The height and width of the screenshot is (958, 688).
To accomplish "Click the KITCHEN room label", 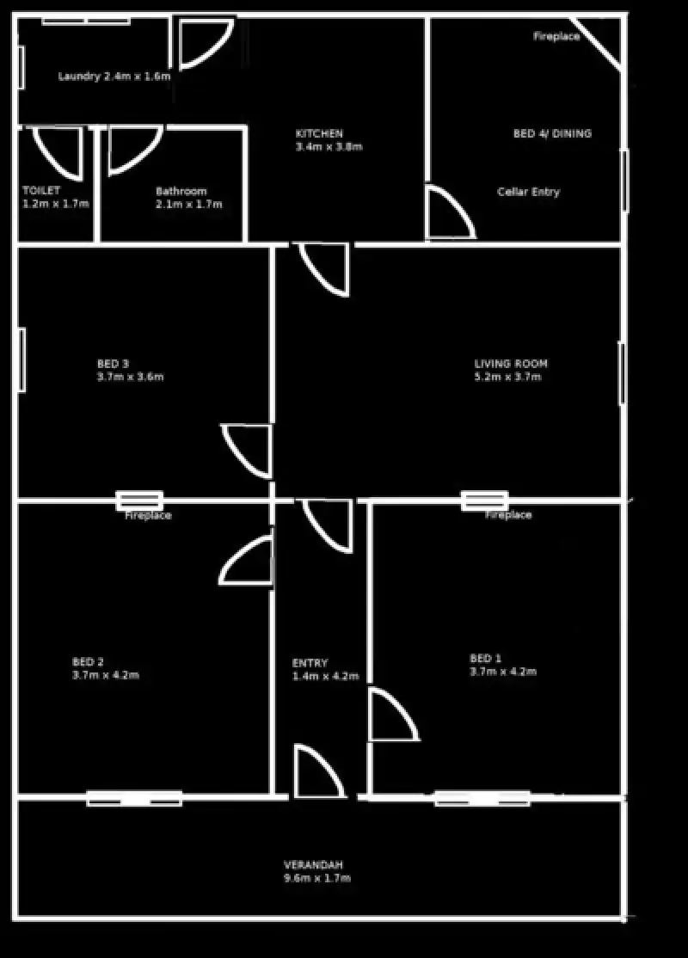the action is [x=319, y=134].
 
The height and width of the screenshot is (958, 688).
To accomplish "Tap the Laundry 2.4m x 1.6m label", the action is [x=114, y=77].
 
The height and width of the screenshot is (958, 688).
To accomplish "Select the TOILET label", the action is [x=41, y=190].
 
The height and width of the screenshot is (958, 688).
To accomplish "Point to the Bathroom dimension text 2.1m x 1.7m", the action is [x=188, y=205].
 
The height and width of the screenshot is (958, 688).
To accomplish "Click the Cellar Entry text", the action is [x=528, y=192].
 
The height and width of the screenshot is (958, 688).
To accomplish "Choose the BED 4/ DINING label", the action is [x=552, y=134].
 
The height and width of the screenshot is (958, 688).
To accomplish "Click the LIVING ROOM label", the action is [x=511, y=364].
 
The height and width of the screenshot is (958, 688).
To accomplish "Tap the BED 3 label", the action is [x=113, y=364].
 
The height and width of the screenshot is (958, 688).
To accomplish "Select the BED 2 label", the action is [x=88, y=661].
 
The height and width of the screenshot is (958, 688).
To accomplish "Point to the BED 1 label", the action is [x=485, y=659].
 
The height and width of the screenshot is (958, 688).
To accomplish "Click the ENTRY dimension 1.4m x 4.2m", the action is [x=325, y=677].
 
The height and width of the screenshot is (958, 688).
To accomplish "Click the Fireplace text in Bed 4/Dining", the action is [x=556, y=37].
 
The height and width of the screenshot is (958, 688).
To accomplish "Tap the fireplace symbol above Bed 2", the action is [x=139, y=500].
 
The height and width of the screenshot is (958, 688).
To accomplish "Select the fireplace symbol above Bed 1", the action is [x=484, y=500].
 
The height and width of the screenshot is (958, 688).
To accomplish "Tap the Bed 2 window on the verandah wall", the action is [x=134, y=798].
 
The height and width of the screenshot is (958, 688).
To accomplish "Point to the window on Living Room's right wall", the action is [x=622, y=373].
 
